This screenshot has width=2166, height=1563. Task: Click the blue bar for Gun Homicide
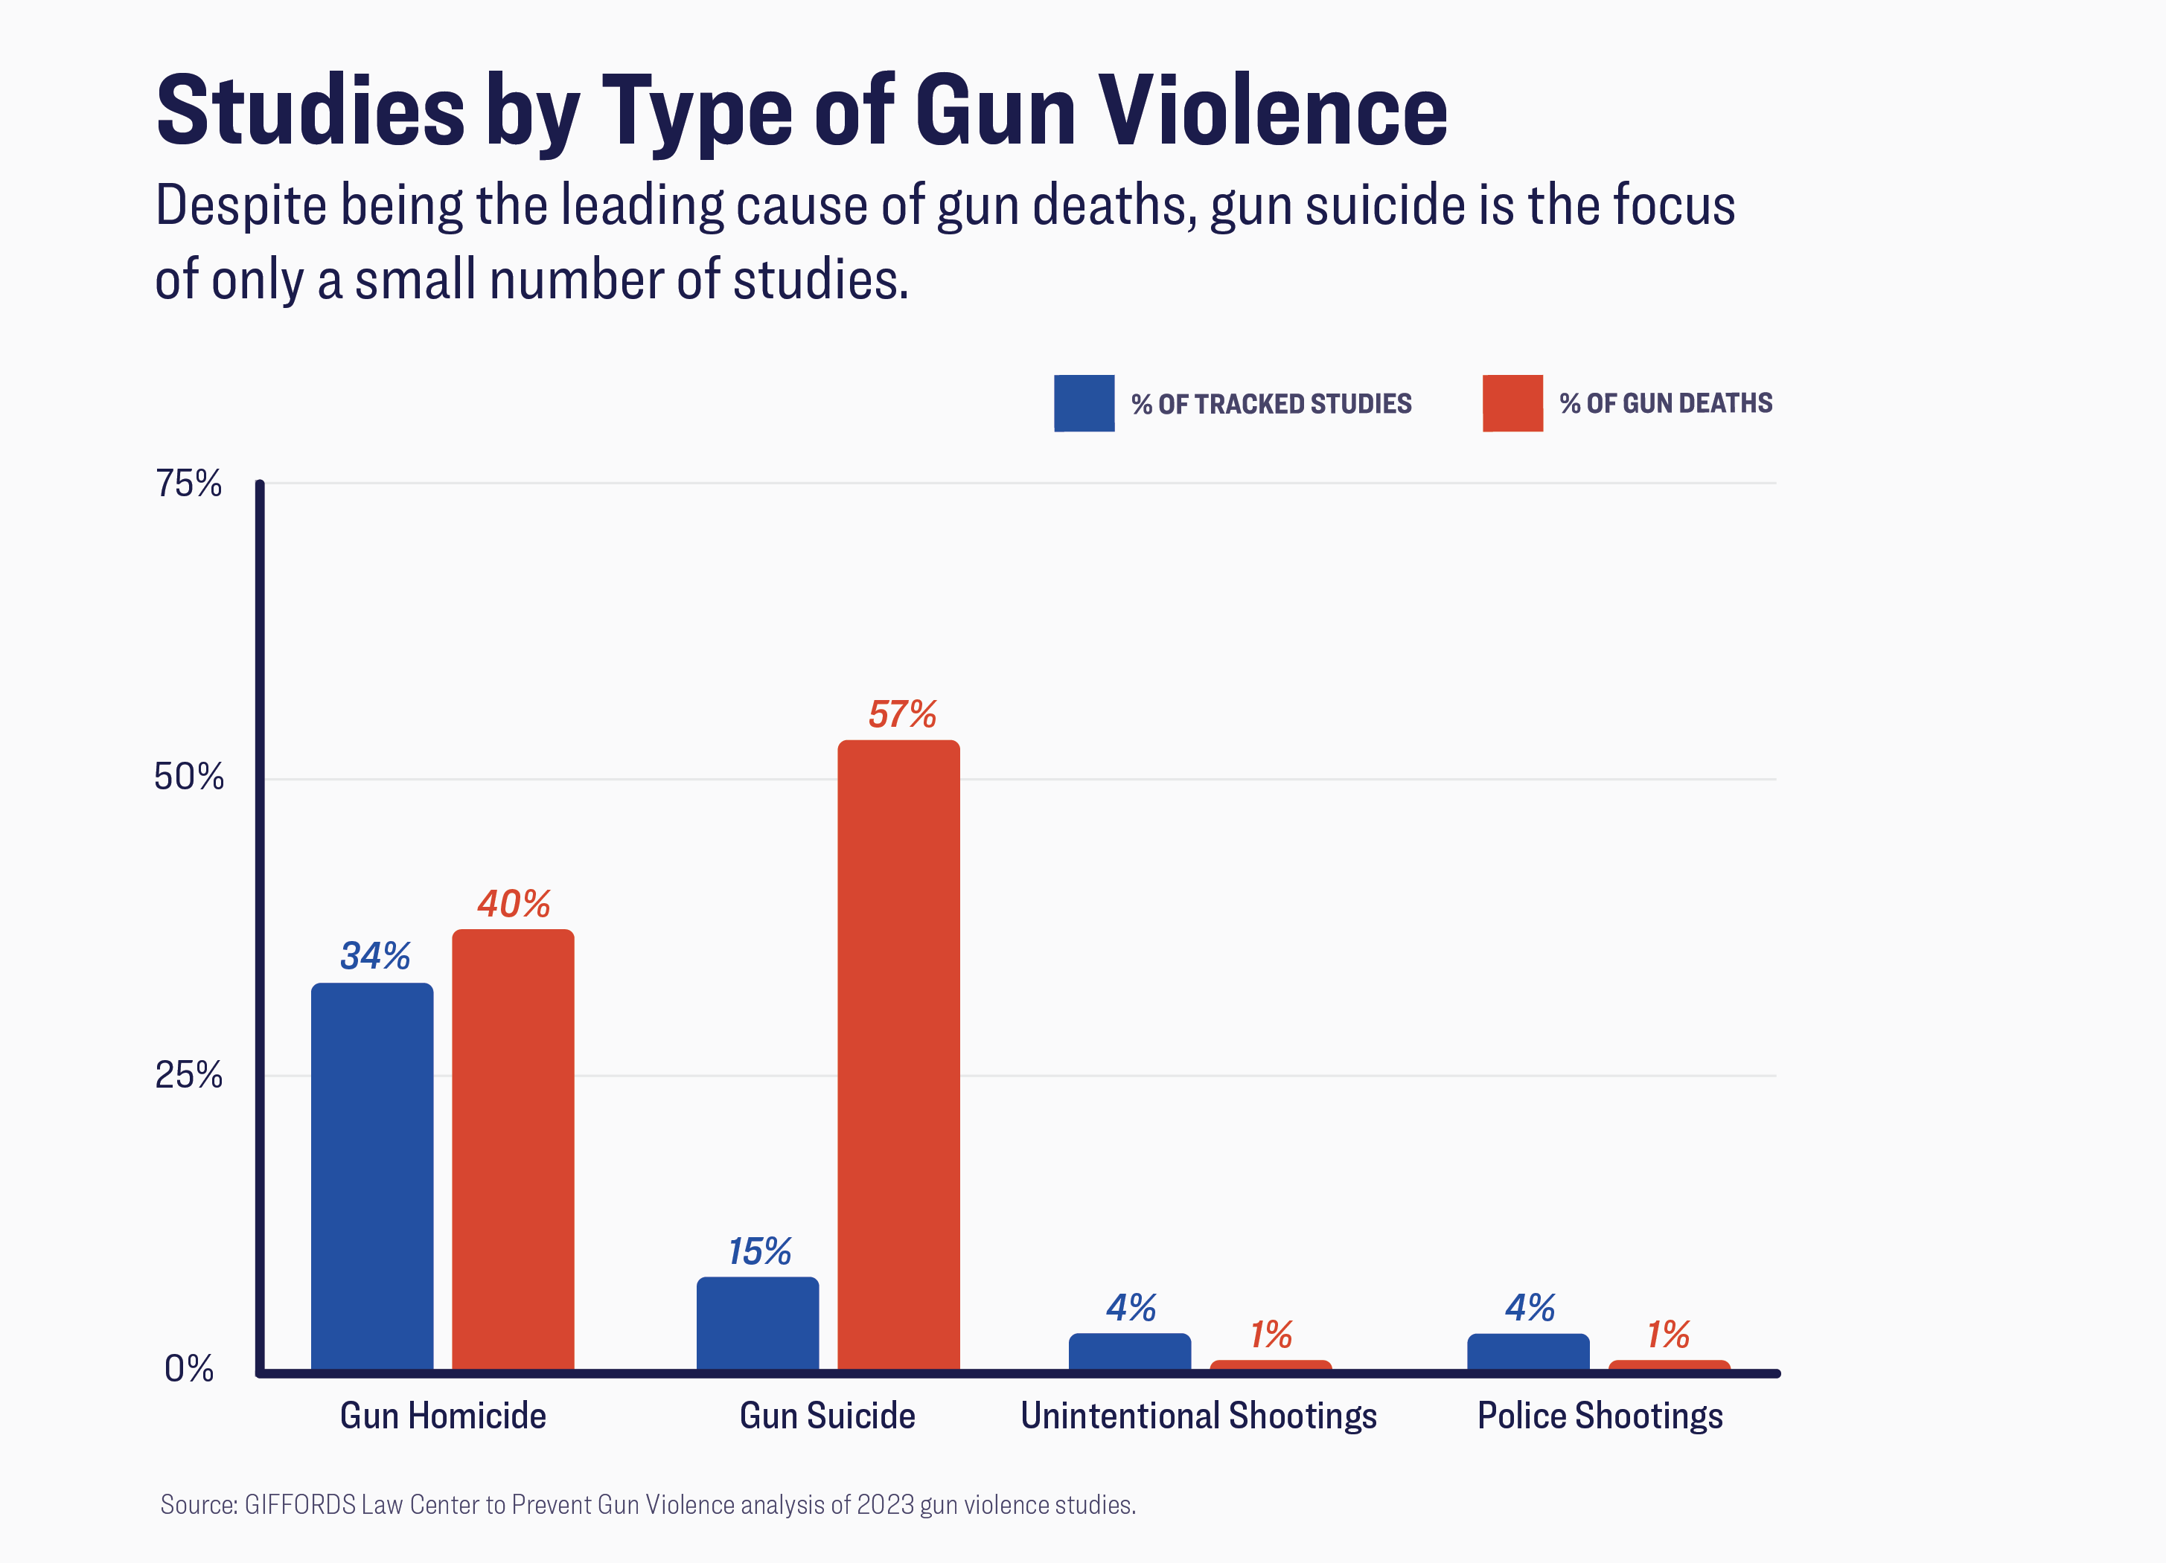[x=371, y=1176]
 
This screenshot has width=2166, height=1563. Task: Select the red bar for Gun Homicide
[x=513, y=1149]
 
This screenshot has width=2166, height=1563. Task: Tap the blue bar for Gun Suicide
[x=757, y=1323]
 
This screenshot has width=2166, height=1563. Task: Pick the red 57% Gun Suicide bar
[x=898, y=1055]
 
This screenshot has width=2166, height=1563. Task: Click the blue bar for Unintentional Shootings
[x=1129, y=1352]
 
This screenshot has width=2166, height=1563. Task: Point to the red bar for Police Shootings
[x=1669, y=1365]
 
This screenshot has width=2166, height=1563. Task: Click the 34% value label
[x=375, y=956]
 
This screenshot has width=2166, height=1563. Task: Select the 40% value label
[x=514, y=903]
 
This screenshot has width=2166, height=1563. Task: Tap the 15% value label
[x=759, y=1251]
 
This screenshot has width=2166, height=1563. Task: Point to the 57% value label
[x=901, y=714]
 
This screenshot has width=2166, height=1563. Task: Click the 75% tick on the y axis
[x=189, y=484]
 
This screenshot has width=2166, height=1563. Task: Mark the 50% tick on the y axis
[x=189, y=777]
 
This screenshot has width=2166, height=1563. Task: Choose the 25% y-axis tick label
[x=189, y=1075]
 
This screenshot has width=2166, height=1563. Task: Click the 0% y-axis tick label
[x=189, y=1368]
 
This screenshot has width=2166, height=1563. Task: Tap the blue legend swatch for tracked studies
[x=1084, y=403]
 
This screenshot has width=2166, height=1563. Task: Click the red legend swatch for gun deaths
[x=1512, y=403]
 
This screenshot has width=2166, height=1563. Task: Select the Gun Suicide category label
[x=827, y=1415]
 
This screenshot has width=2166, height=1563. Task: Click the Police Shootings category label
[x=1600, y=1415]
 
